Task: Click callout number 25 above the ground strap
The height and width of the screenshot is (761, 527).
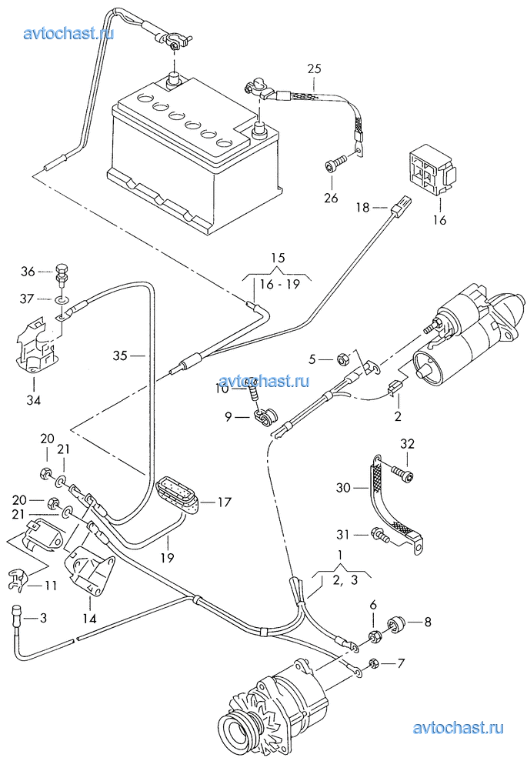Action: pyautogui.click(x=313, y=68)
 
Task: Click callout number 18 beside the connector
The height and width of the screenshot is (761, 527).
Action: pyautogui.click(x=363, y=207)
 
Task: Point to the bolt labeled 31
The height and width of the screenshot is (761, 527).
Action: pyautogui.click(x=379, y=535)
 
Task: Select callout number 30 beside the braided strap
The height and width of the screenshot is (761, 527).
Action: pyautogui.click(x=342, y=488)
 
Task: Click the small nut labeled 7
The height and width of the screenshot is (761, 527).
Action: pyautogui.click(x=373, y=664)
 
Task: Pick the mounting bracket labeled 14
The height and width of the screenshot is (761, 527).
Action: pyautogui.click(x=91, y=572)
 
